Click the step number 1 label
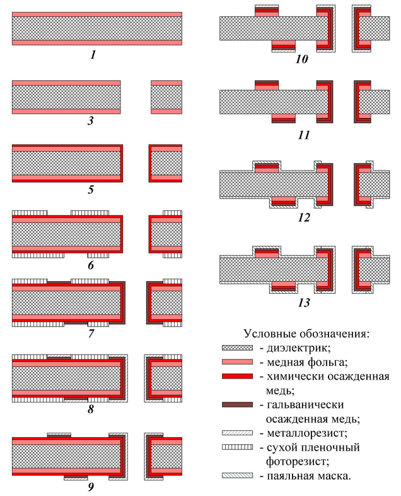(x=93, y=55)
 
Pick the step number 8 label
(x=91, y=409)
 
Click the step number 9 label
(x=91, y=486)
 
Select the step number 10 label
(x=301, y=60)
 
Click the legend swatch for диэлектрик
(x=238, y=347)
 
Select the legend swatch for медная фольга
(x=238, y=362)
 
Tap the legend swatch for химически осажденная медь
(x=238, y=377)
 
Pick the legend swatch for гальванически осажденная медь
(x=238, y=405)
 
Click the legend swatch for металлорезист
(x=238, y=433)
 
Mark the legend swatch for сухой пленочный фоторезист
(x=238, y=448)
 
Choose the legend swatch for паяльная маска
(x=238, y=476)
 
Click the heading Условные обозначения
(x=306, y=333)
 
